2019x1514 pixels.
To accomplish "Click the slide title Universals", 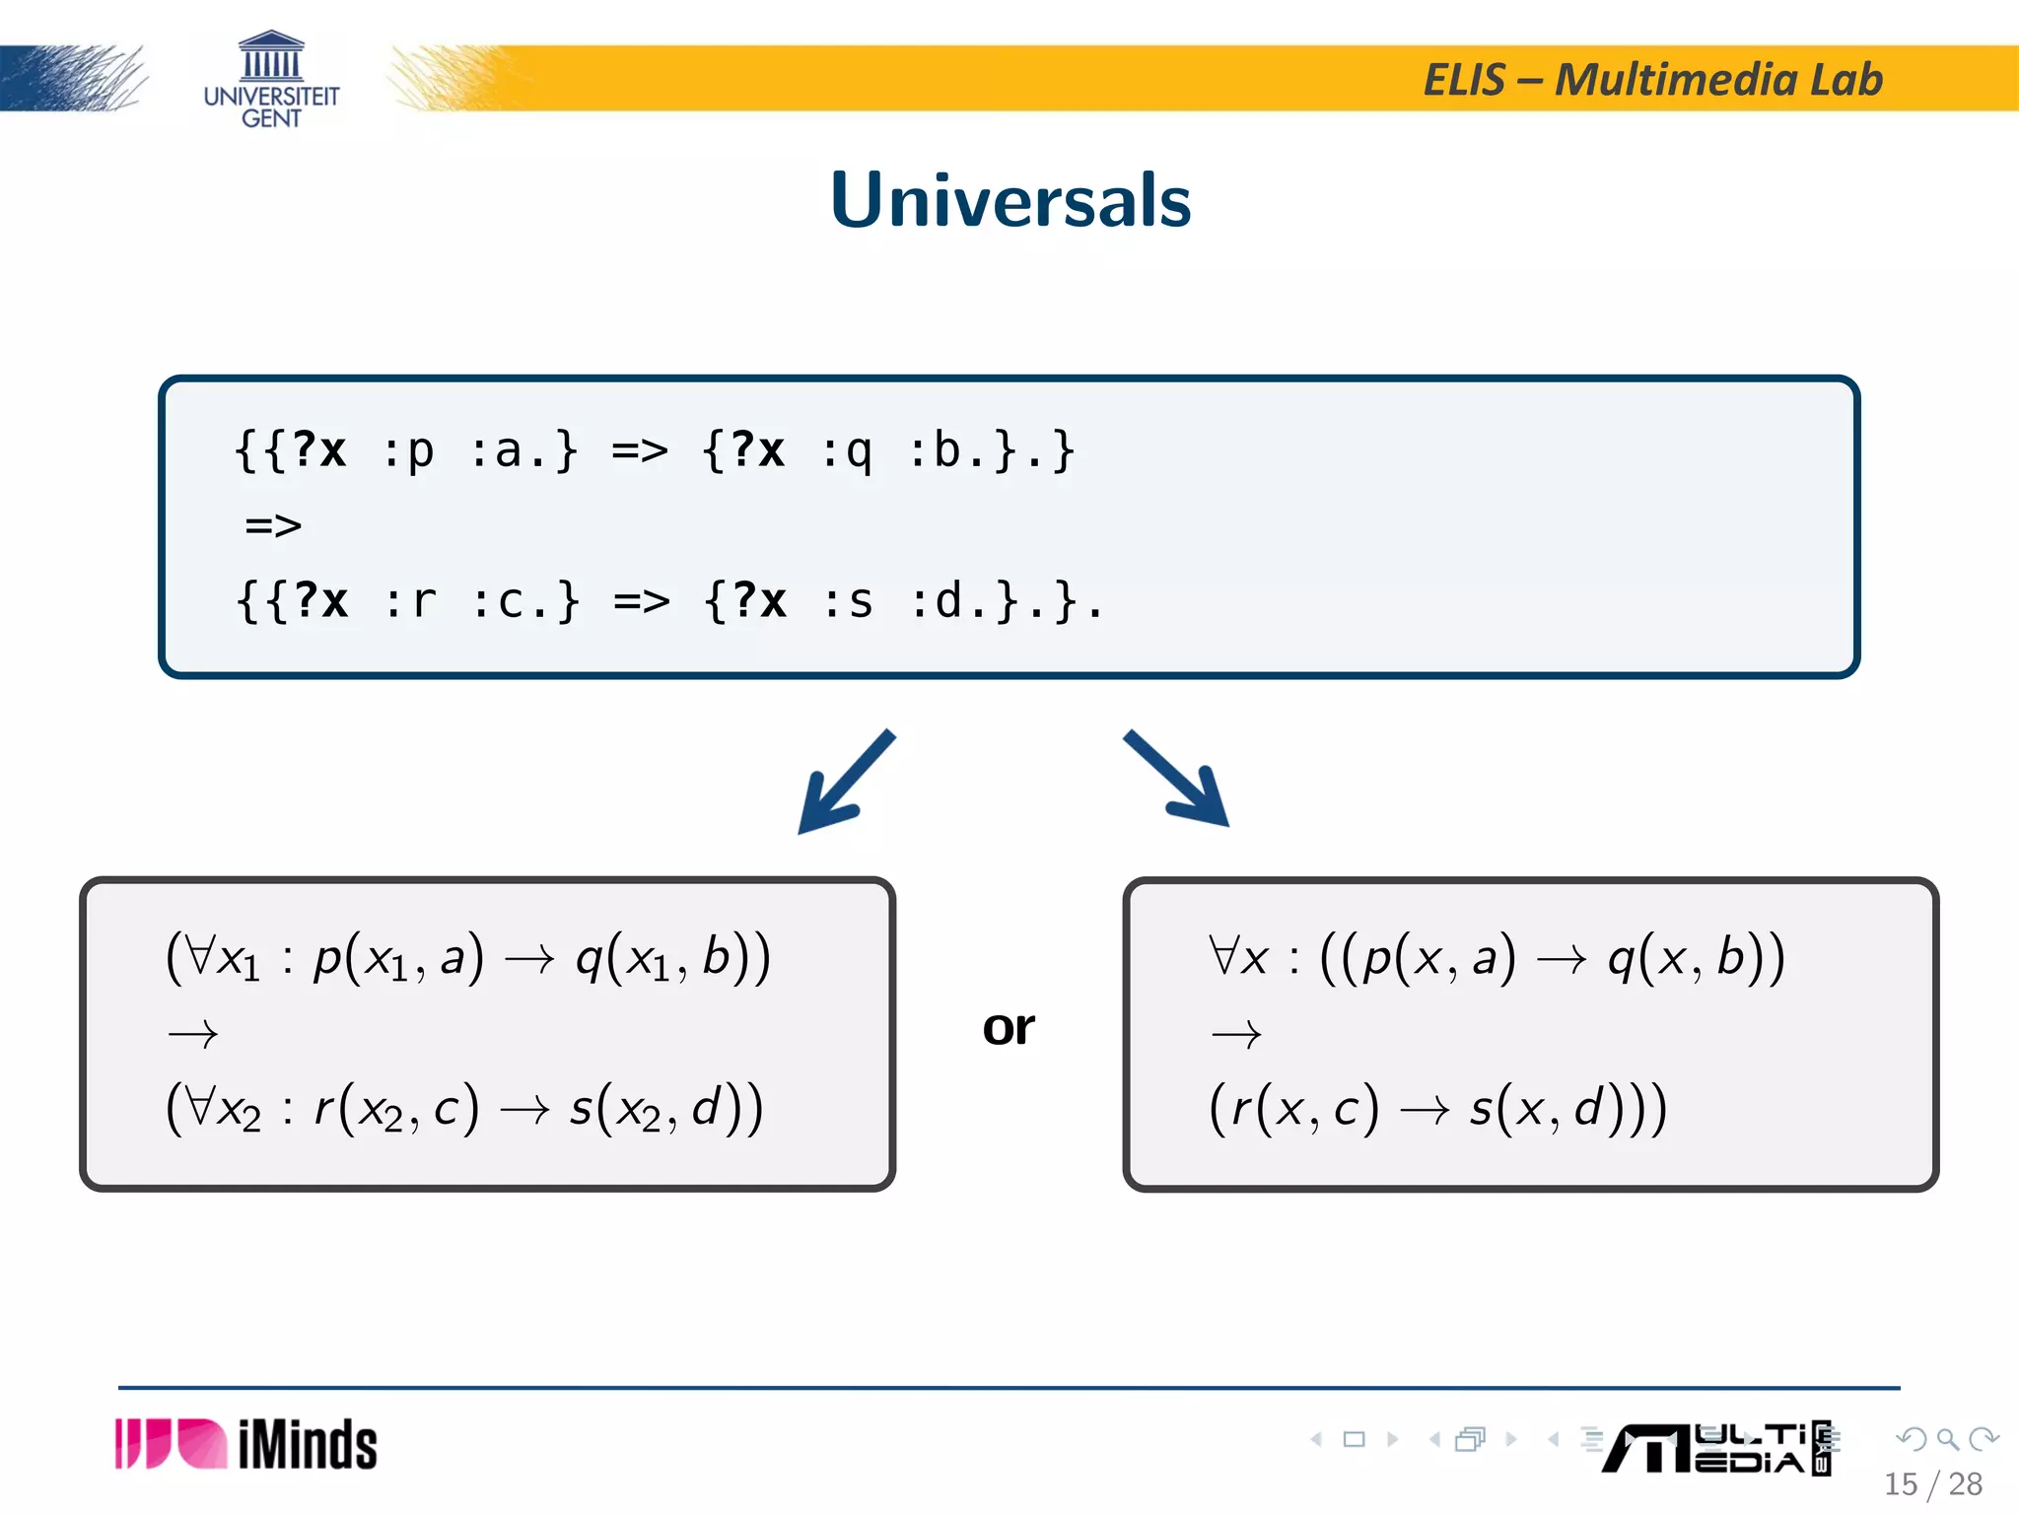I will [1010, 200].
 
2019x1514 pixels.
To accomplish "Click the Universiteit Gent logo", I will [271, 81].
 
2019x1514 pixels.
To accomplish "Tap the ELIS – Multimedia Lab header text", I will [1652, 80].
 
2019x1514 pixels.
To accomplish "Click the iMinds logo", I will [246, 1444].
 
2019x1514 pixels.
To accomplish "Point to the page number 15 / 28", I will [1932, 1483].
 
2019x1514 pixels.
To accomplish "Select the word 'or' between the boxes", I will [1009, 1028].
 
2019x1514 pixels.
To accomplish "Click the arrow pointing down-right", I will [1177, 779].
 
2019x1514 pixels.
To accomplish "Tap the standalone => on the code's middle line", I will [273, 525].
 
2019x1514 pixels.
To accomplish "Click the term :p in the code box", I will [408, 451].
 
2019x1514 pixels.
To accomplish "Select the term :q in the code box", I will [847, 451].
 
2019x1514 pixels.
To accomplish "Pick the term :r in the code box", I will [410, 601].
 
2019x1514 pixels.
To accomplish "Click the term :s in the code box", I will [848, 601].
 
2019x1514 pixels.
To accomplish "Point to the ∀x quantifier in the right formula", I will [1239, 957].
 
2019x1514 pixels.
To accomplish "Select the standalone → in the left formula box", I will [193, 1034].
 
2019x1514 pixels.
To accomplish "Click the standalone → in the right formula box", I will [1236, 1034].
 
